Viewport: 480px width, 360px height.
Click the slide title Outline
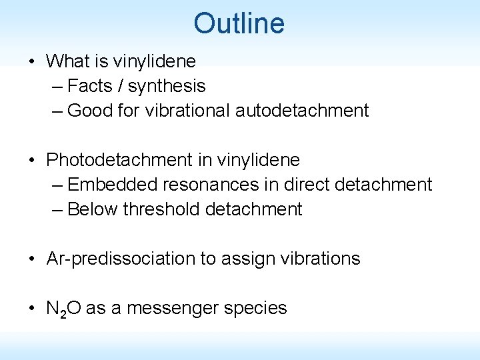239,23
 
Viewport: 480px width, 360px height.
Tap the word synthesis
167,86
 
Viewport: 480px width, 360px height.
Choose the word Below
92,209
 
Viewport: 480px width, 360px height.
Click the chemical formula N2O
63,309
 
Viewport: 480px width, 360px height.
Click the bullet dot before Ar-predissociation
33,259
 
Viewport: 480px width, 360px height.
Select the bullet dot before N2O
33,308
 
